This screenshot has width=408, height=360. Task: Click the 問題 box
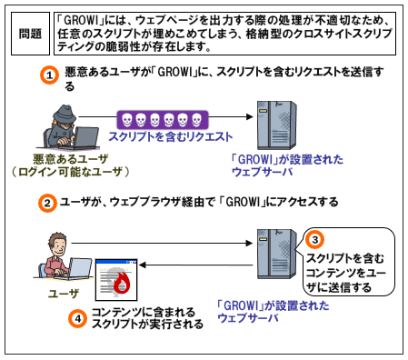click(x=30, y=34)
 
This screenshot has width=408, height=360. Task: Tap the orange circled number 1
click(x=49, y=75)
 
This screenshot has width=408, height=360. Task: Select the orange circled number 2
click(x=47, y=203)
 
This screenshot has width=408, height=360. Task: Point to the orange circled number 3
click(x=314, y=240)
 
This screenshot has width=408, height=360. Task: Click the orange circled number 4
click(x=77, y=318)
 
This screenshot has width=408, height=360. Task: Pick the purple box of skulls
click(x=163, y=120)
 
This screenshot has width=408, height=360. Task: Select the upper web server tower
click(x=276, y=125)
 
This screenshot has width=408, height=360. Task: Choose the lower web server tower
click(x=276, y=254)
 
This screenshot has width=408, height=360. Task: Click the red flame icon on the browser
click(x=122, y=283)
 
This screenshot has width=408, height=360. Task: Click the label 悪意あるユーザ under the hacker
click(x=71, y=159)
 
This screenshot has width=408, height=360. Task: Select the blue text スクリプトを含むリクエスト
click(x=171, y=136)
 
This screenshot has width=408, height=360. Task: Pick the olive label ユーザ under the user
click(x=64, y=294)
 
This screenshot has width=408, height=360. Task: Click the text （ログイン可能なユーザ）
click(x=71, y=172)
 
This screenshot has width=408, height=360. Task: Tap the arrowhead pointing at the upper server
click(x=250, y=116)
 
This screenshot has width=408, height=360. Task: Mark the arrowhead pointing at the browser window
click(x=143, y=265)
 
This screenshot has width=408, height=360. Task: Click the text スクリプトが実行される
click(x=147, y=325)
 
